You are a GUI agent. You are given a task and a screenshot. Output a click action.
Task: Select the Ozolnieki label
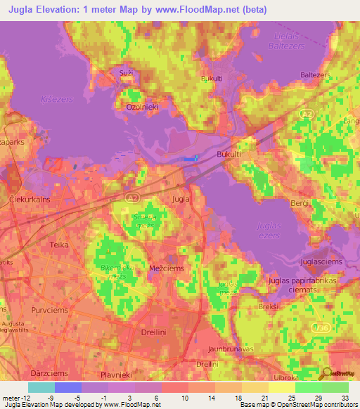(x=140, y=107)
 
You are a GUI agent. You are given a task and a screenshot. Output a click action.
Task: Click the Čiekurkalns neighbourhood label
(x=32, y=200)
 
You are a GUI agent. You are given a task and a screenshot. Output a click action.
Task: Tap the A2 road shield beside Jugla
(x=133, y=199)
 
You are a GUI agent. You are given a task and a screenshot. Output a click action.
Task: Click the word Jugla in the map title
(x=22, y=9)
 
